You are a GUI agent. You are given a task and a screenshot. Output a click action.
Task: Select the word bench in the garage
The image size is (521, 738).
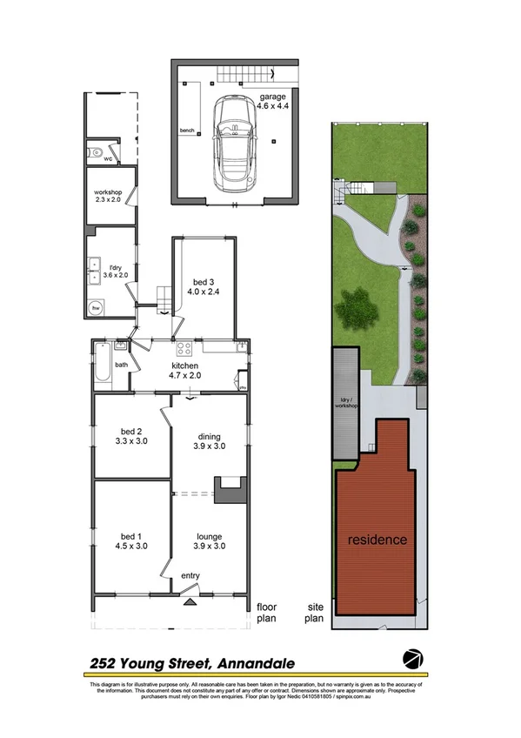187,131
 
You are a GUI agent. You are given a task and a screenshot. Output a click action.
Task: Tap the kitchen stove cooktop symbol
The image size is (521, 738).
184,350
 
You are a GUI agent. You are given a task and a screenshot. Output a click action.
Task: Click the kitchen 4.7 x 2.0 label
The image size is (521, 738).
184,371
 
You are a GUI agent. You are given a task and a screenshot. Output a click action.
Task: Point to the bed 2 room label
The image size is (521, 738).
132,435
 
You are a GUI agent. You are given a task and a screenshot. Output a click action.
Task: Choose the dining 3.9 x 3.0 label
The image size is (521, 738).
209,441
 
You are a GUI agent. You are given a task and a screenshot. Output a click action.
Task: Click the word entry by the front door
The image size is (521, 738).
190,575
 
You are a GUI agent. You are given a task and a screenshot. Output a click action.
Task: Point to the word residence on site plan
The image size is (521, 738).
377,540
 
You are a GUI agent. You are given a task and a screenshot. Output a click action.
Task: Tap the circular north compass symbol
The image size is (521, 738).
412,658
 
